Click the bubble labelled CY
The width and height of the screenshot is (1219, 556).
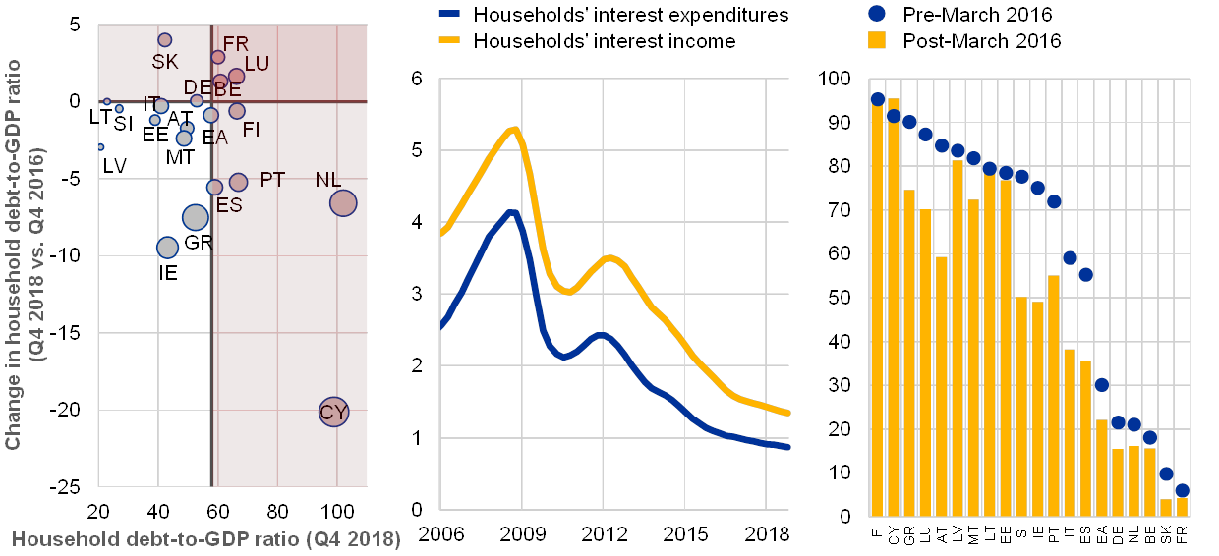334,412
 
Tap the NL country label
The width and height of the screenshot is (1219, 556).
328,181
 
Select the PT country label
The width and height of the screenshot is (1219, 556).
272,180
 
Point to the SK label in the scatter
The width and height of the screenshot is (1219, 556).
165,62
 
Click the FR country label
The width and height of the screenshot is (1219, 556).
236,44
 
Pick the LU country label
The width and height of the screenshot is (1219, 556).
257,64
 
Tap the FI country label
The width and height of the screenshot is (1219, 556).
251,129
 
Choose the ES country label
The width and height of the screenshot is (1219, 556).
229,205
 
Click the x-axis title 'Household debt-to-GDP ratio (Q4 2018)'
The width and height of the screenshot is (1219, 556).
206,540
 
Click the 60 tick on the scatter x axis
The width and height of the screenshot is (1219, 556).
217,511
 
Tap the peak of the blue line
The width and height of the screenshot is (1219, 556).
510,211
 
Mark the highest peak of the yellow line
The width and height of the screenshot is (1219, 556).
513,129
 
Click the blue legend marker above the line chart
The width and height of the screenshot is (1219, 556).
449,15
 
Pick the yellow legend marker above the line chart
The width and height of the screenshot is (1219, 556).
449,41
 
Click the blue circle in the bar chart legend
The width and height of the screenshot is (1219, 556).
877,14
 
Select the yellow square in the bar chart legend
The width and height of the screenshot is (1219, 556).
877,40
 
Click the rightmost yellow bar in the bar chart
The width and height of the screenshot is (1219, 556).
1183,506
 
